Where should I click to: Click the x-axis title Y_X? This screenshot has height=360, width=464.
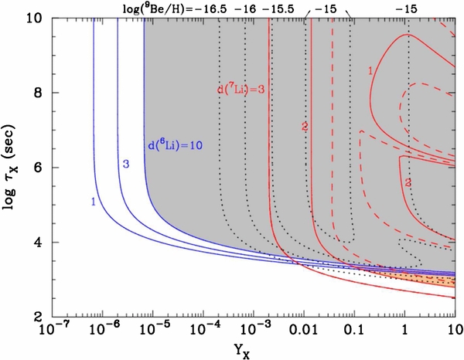click(x=250, y=350)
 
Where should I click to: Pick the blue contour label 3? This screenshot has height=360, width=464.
click(x=123, y=164)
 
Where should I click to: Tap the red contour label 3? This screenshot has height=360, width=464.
click(x=407, y=182)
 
